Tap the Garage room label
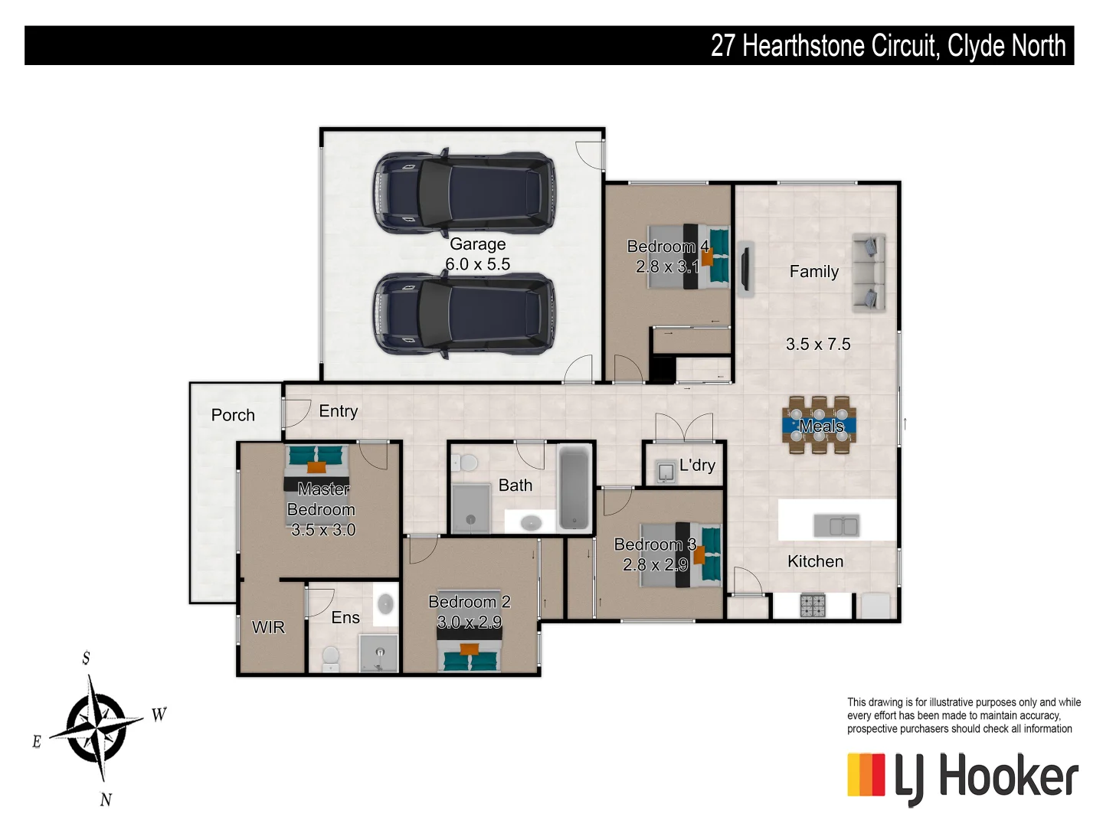coord(477,244)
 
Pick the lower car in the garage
coord(464,315)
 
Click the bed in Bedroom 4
coord(688,256)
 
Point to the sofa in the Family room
coord(869,273)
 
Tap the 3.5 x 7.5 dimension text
coord(817,345)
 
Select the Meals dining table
coord(819,426)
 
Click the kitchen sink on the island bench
coord(836,525)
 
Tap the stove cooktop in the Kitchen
coord(813,605)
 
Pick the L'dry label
coord(697,465)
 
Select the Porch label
coord(233,415)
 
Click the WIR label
coord(268,627)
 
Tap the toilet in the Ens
coord(331,658)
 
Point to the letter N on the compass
coord(106,799)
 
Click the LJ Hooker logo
coord(962,777)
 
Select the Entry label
coord(338,411)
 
